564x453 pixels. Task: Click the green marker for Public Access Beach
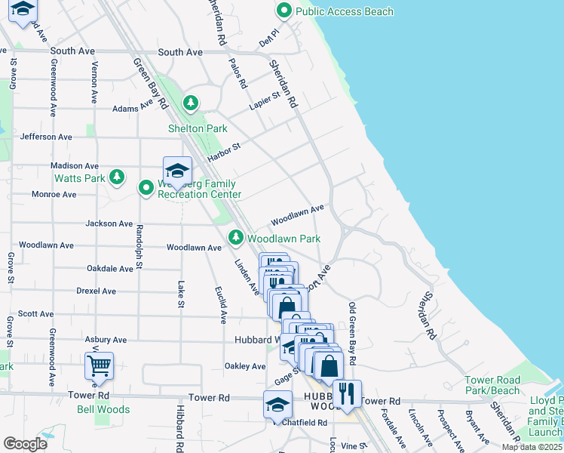pyautogui.click(x=284, y=11)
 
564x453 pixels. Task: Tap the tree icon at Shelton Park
pyautogui.click(x=192, y=103)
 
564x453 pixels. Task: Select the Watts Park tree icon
pyautogui.click(x=116, y=177)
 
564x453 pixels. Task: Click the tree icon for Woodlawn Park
pyautogui.click(x=236, y=238)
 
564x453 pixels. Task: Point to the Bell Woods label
pyautogui.click(x=103, y=410)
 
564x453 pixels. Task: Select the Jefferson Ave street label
pyautogui.click(x=46, y=137)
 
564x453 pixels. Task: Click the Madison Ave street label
pyautogui.click(x=75, y=165)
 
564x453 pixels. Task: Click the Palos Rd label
pyautogui.click(x=238, y=74)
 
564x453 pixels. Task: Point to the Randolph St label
pyautogui.click(x=139, y=250)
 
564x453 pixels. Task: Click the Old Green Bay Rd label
pyautogui.click(x=351, y=332)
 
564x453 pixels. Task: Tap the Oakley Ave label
pyautogui.click(x=245, y=366)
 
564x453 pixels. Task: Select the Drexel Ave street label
pyautogui.click(x=96, y=291)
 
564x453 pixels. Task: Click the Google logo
pyautogui.click(x=26, y=443)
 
